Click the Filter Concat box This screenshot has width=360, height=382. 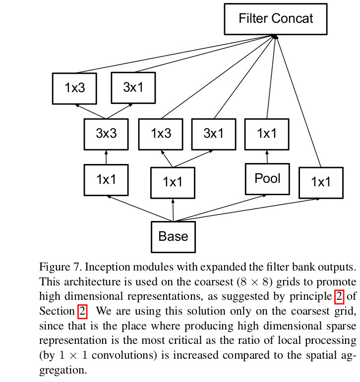pyautogui.click(x=276, y=19)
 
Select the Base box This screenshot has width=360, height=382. pyautogui.click(x=173, y=236)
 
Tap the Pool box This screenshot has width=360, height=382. pyautogui.click(x=267, y=179)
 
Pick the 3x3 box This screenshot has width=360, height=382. pyautogui.click(x=106, y=134)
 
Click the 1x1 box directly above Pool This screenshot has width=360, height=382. pyautogui.click(x=267, y=134)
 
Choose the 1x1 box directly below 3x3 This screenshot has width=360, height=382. pyautogui.click(x=106, y=179)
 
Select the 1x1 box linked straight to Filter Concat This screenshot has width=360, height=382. pyautogui.click(x=320, y=182)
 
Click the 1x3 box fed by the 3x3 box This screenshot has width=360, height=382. pyautogui.click(x=74, y=88)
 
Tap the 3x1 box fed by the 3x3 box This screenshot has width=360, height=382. pyautogui.click(x=133, y=88)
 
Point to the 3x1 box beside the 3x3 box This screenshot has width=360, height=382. pyautogui.click(x=213, y=134)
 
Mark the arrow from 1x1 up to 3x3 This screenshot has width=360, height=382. pyautogui.click(x=106, y=157)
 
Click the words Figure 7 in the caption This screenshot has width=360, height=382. pyautogui.click(x=59, y=268)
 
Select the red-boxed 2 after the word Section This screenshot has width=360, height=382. pyautogui.click(x=82, y=312)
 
